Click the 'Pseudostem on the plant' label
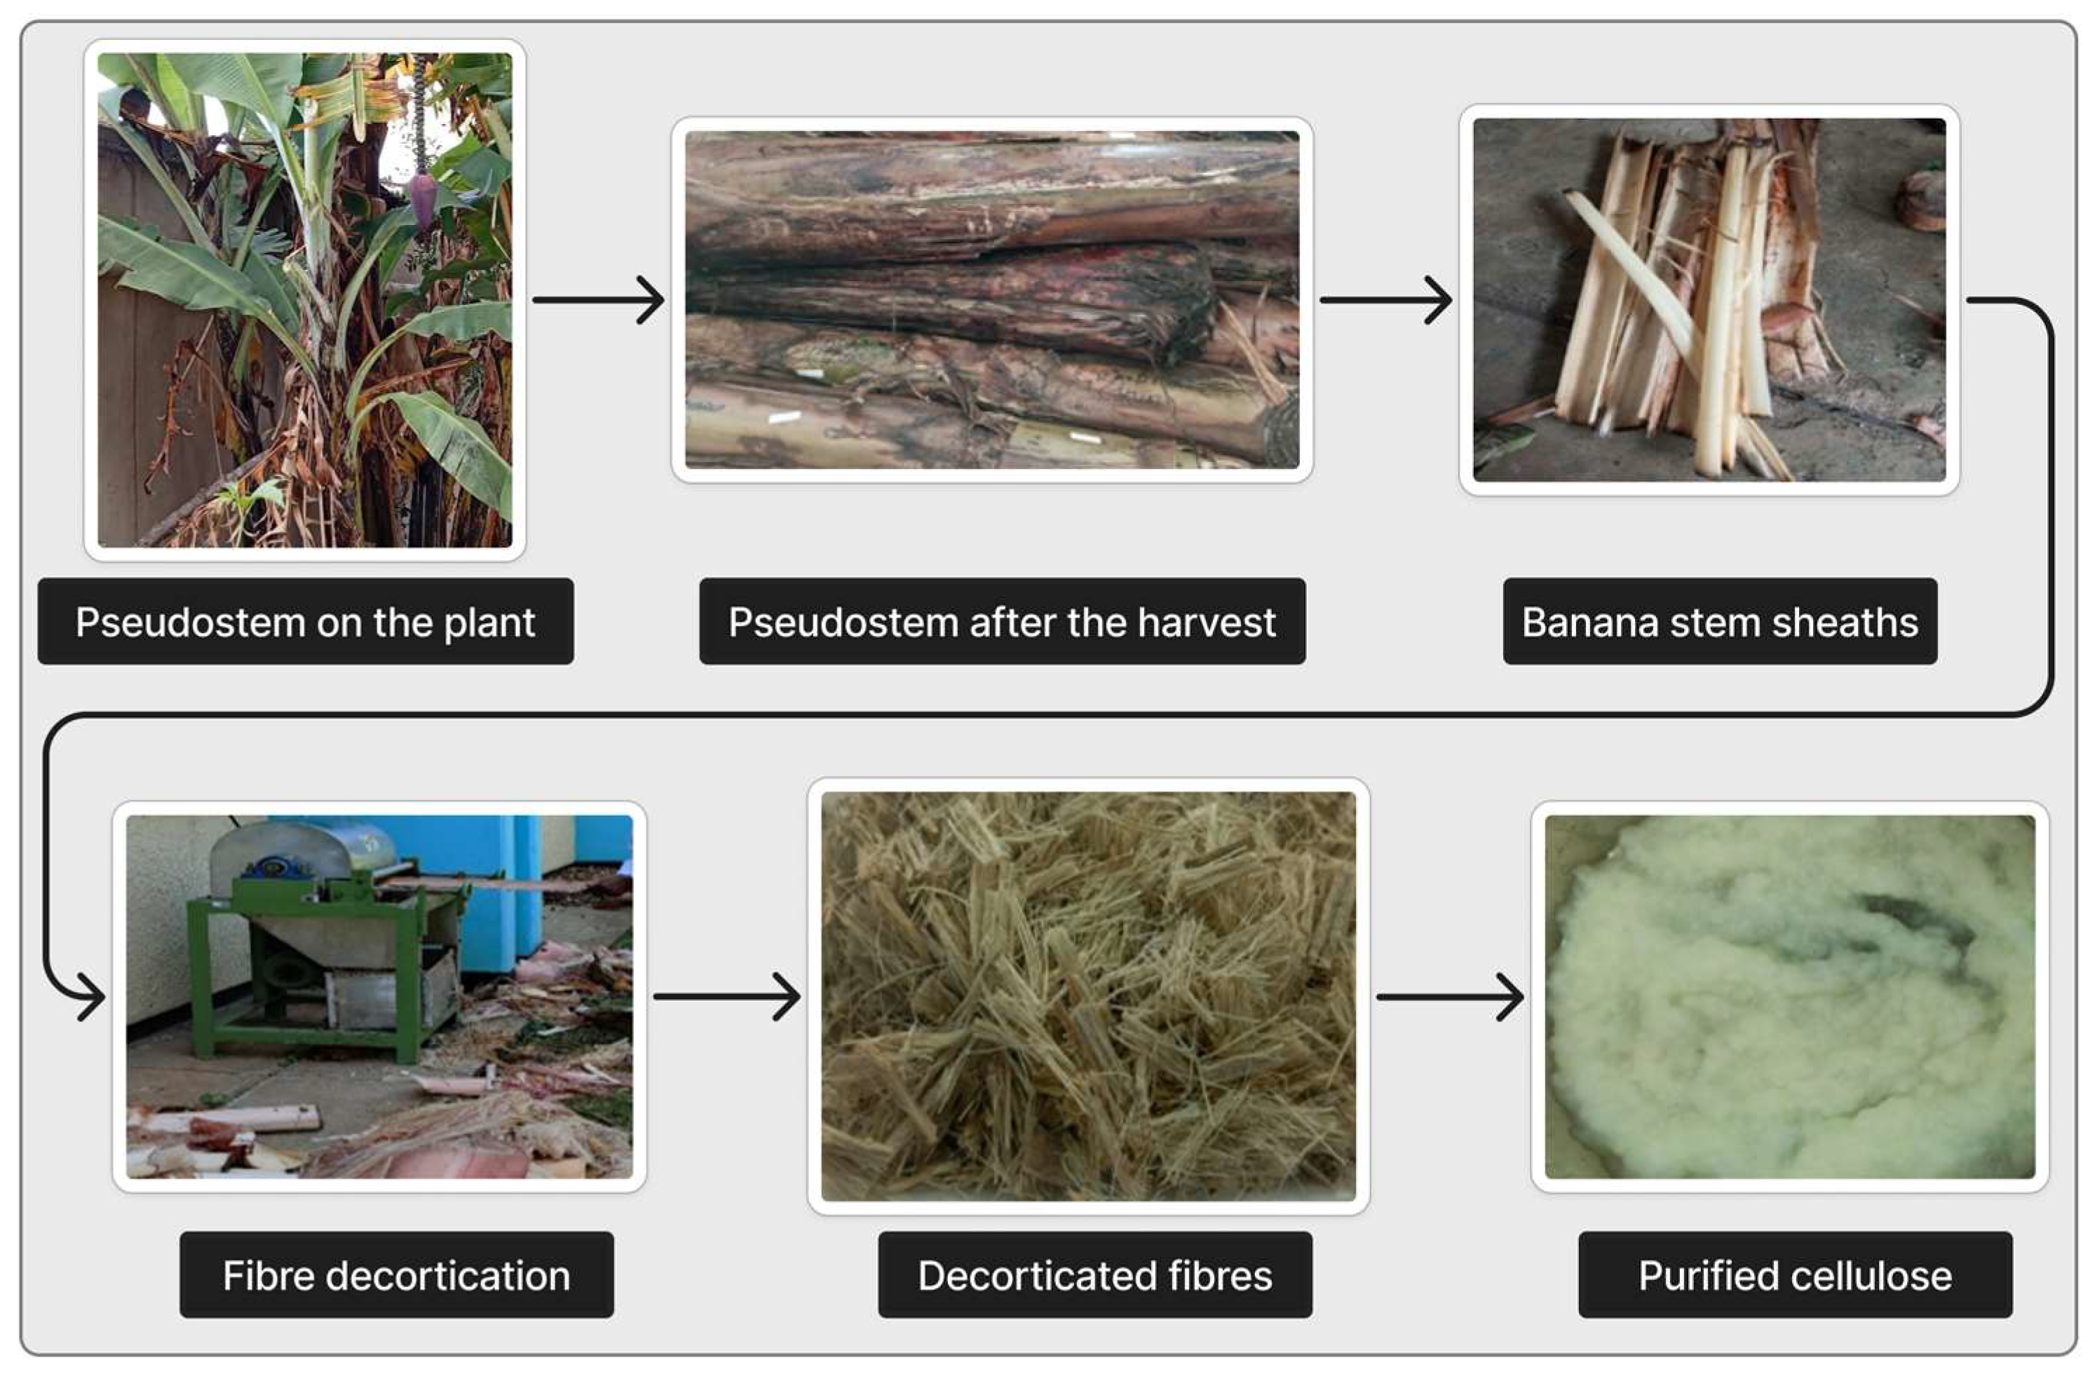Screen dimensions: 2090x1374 tap(305, 622)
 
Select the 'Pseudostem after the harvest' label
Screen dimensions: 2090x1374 tap(1001, 622)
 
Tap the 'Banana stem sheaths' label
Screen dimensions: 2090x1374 tap(1718, 622)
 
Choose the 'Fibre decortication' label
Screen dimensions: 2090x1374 tap(396, 1274)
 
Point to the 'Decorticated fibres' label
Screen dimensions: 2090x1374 tap(1094, 1274)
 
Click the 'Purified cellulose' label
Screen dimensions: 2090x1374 tap(1794, 1274)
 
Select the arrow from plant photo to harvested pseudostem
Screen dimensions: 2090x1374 tap(598, 300)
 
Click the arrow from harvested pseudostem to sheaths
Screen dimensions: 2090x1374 tap(1385, 300)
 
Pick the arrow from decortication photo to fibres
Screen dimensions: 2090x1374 tap(726, 996)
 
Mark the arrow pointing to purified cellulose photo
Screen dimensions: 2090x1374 tap(1449, 996)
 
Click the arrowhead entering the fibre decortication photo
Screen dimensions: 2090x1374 tap(90, 996)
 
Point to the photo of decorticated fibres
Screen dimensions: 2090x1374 tap(1088, 995)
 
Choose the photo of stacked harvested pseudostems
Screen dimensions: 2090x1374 tap(991, 299)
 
